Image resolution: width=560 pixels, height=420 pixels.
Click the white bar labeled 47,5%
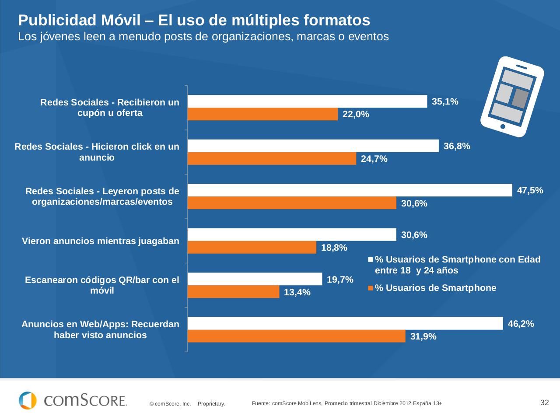(350, 190)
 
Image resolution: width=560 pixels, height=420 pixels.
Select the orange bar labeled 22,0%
(262, 114)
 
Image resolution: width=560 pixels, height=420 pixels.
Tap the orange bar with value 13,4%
(233, 292)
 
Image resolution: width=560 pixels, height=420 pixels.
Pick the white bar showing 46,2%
(345, 323)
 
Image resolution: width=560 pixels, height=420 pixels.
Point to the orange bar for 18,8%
(252, 248)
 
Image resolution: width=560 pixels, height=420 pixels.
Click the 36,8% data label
(457, 146)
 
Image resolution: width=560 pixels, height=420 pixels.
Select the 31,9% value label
(423, 336)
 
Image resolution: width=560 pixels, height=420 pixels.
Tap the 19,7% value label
(340, 280)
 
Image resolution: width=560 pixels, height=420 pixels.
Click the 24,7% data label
(374, 159)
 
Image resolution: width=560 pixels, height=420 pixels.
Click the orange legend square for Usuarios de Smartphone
(370, 288)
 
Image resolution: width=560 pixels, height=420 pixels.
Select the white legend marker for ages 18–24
(370, 259)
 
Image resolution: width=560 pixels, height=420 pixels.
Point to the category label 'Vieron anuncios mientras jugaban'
(101, 241)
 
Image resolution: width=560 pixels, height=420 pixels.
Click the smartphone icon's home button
(503, 126)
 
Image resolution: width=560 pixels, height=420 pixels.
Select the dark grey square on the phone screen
(520, 98)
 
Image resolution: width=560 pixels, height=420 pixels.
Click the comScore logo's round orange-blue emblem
(28, 400)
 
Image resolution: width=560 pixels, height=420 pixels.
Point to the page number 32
(544, 402)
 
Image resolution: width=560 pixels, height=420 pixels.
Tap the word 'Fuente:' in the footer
(261, 403)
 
